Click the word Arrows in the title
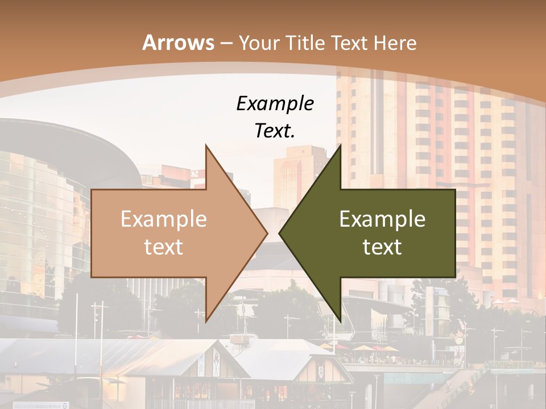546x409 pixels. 179,43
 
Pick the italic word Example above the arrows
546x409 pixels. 275,104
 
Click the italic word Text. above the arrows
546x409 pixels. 275,131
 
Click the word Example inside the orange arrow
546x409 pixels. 163,219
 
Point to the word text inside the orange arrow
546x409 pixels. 163,247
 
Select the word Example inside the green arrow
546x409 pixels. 382,219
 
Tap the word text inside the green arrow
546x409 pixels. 382,247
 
